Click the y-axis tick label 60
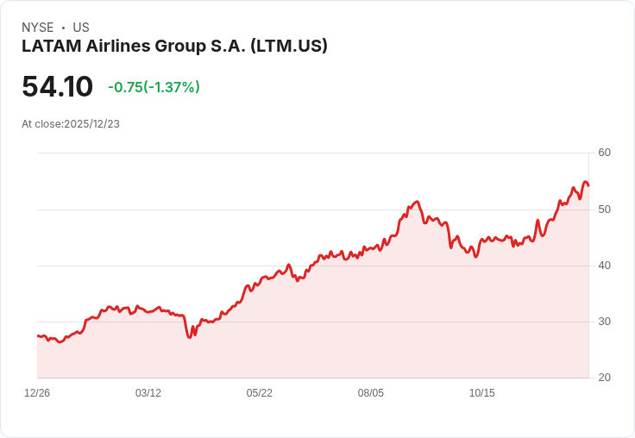tap(604, 153)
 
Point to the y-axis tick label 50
tap(604, 209)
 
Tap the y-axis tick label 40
tap(604, 265)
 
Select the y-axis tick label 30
tap(604, 322)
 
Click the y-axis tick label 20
tap(604, 378)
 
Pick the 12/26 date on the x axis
tap(37, 393)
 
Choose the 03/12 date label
tap(148, 393)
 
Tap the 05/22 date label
tap(260, 393)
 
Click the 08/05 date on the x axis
tap(371, 393)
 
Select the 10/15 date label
tap(482, 393)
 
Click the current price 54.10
tap(57, 87)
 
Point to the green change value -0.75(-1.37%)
tap(154, 87)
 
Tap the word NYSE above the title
tap(38, 28)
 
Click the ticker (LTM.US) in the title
tap(288, 47)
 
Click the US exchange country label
tap(81, 28)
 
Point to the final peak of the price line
tap(586, 182)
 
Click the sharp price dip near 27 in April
tap(189, 337)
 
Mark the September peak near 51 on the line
tap(417, 202)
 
